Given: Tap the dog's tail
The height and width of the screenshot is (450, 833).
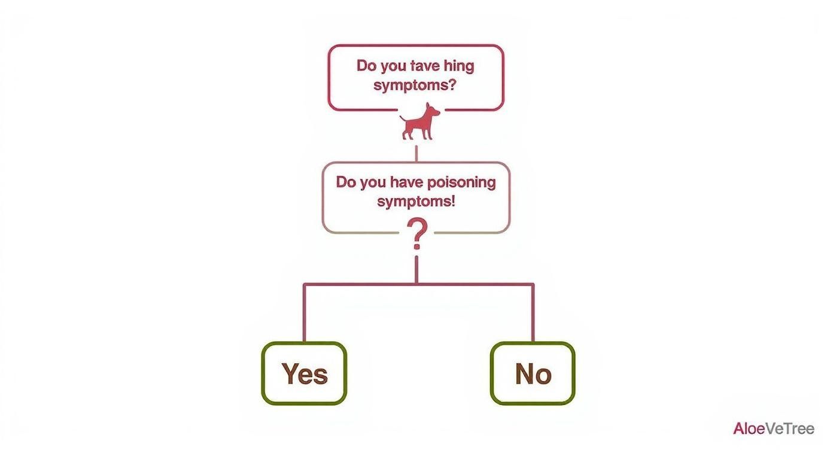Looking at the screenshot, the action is tap(403, 119).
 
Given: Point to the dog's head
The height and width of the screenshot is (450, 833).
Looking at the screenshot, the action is tap(432, 110).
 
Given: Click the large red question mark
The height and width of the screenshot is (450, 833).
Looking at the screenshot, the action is tap(417, 233).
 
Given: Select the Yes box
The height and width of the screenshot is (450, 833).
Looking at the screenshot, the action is tap(304, 373).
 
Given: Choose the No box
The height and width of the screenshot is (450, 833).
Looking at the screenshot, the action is tap(533, 373).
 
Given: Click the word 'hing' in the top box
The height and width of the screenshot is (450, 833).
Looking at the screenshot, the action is tap(459, 66).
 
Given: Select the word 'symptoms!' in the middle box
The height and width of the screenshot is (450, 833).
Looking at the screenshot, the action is tap(416, 202).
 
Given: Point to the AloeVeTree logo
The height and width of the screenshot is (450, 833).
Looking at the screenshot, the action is tap(774, 428).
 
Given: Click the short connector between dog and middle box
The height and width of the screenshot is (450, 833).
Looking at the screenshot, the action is tap(416, 153).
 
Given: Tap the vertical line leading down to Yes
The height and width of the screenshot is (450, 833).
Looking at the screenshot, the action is tap(304, 313).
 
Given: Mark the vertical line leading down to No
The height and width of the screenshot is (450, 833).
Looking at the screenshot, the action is tap(533, 313).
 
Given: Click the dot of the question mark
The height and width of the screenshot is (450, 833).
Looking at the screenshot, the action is tap(417, 246).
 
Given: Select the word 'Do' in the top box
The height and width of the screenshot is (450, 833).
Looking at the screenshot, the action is tap(366, 66).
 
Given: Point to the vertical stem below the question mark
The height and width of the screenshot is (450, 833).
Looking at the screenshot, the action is tap(416, 270).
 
